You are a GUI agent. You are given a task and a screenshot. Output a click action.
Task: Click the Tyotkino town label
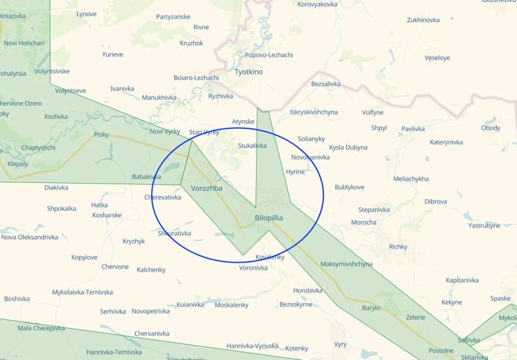(248, 72)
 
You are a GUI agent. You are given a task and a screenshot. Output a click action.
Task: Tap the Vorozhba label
(206, 188)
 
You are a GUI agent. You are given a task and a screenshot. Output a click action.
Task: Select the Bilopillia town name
(269, 218)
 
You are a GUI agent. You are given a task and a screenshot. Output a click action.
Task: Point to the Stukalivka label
(252, 146)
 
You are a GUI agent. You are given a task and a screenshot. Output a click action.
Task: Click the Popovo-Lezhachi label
(269, 55)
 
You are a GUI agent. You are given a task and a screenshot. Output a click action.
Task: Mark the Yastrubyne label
(484, 226)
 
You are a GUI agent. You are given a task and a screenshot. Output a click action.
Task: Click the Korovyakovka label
(317, 4)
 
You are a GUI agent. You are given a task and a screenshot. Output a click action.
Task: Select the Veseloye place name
(437, 58)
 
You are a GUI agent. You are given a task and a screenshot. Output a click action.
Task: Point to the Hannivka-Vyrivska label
(253, 346)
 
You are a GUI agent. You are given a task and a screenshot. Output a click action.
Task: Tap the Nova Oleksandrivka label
(29, 237)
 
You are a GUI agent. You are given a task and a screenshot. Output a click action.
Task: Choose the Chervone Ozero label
(21, 103)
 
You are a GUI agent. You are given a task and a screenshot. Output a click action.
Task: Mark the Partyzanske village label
(173, 17)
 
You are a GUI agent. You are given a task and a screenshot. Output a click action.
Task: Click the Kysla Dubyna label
(348, 148)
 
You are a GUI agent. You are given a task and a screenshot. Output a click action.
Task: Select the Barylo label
(371, 308)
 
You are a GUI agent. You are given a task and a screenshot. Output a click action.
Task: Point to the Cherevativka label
(163, 197)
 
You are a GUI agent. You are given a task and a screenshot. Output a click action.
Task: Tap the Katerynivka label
(446, 142)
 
